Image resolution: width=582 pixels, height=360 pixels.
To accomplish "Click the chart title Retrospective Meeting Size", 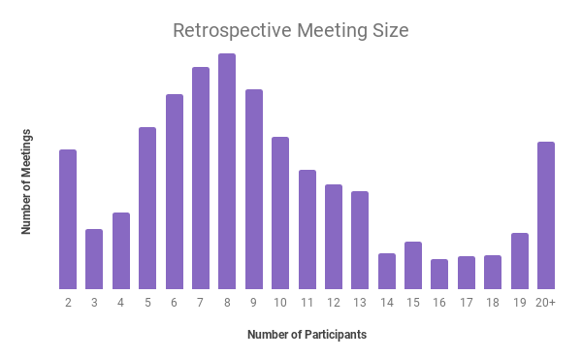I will (x=291, y=30).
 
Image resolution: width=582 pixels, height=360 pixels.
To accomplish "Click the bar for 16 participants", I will (x=439, y=274).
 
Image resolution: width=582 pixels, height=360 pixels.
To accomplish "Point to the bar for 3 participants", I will (x=94, y=259).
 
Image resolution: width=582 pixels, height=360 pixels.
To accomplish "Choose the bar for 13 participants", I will (x=360, y=240).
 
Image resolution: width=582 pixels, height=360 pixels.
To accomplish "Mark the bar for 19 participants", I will (x=520, y=261).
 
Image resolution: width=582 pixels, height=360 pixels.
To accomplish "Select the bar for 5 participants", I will (x=147, y=208).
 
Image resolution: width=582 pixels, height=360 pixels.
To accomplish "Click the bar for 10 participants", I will (x=280, y=213).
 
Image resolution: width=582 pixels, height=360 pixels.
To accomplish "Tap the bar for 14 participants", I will (x=387, y=271).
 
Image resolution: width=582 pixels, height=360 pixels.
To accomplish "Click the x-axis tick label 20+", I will (x=546, y=303).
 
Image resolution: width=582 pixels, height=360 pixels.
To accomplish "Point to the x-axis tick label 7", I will (x=201, y=303).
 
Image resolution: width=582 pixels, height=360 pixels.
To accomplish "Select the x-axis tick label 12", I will (x=334, y=303).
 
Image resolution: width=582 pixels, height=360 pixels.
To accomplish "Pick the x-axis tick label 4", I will (x=121, y=303).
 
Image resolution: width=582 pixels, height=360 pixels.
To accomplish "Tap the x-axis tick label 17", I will (x=467, y=303).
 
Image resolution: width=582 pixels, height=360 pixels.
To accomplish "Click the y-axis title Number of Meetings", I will (x=27, y=180).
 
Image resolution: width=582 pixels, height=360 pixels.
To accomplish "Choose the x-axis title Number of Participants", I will (x=307, y=335).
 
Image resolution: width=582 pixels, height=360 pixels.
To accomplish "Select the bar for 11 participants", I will (x=307, y=229).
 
